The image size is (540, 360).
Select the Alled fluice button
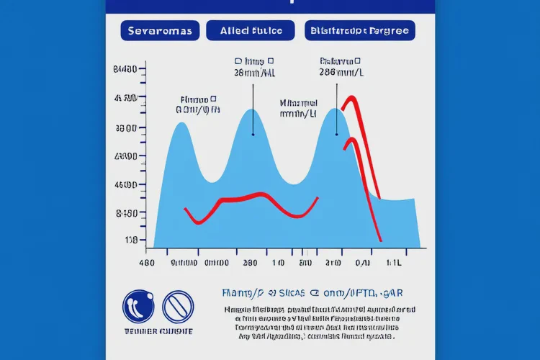point(250,30)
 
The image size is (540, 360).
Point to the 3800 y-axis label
point(126,128)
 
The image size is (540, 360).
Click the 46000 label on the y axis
point(125,185)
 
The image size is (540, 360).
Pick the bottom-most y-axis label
point(130,240)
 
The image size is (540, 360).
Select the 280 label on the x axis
point(251,264)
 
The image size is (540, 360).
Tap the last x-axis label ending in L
point(393,264)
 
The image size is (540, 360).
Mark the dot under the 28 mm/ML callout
point(253,134)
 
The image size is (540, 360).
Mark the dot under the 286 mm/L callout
point(337,134)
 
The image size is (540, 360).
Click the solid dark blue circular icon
point(138,305)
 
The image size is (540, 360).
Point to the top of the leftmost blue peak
point(181,123)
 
